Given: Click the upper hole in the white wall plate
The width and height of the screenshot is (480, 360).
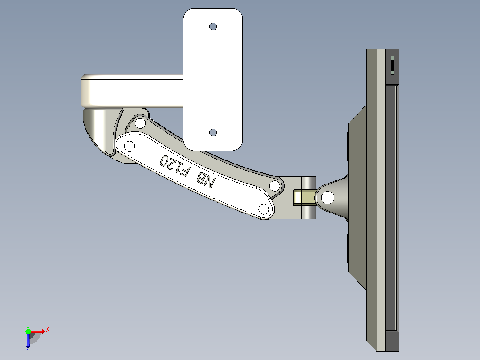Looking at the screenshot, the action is coord(213,27).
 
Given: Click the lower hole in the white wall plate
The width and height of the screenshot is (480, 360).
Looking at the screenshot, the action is coord(213,132).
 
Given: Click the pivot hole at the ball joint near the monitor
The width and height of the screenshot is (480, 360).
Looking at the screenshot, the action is coord(328,198).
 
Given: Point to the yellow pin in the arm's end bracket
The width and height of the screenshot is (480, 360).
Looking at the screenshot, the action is coord(305,198).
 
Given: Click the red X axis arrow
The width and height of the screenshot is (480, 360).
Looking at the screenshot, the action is coord(38,331).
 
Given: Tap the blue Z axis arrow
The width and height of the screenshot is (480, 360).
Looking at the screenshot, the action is coord(28,340).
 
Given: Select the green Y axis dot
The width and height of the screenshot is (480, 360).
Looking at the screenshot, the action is coord(28,331).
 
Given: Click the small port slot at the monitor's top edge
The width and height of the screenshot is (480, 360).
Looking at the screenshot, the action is coord(392,65).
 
